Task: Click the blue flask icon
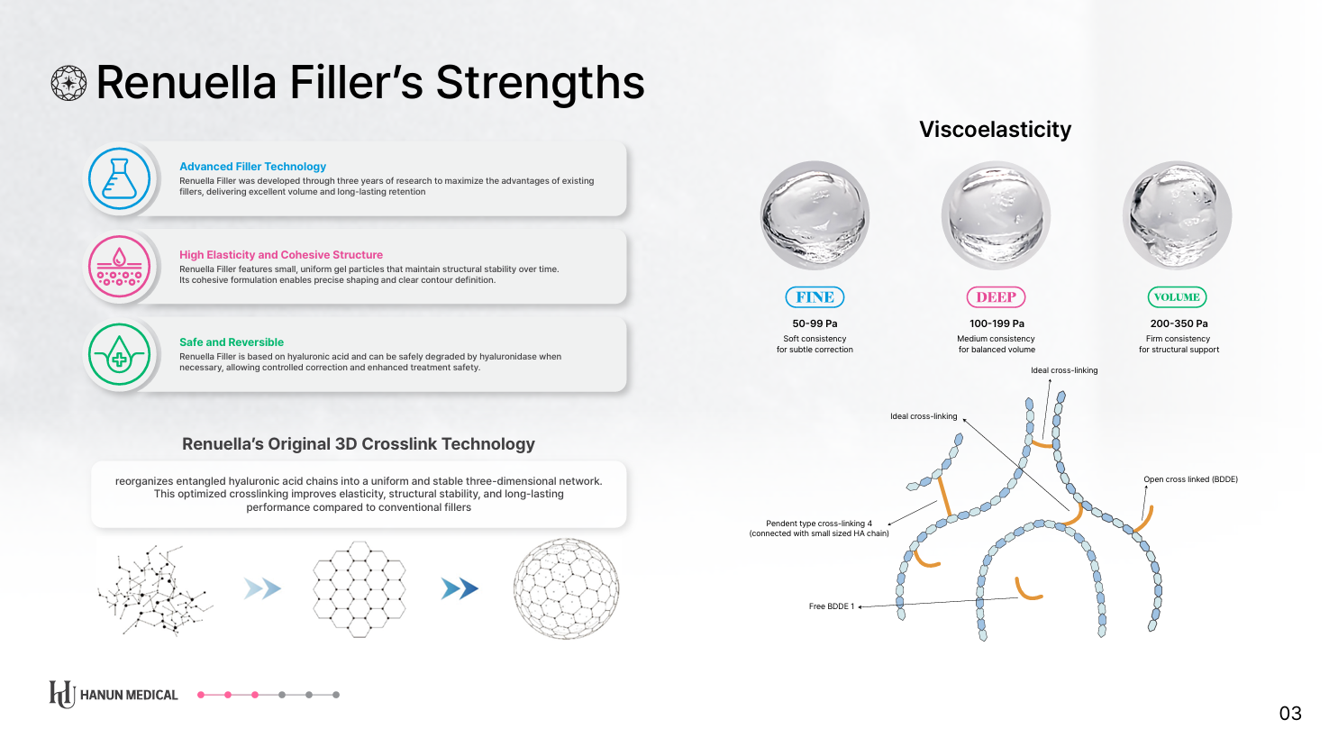[x=119, y=178]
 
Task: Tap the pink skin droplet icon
[x=119, y=267]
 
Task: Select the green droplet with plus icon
[x=119, y=354]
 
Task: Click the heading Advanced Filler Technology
[x=253, y=167]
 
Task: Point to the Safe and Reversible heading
[x=232, y=342]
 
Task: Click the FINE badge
[x=815, y=297]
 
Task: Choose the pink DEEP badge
[x=997, y=297]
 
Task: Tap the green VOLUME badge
[x=1177, y=297]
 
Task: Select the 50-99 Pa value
[x=815, y=324]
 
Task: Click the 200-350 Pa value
[x=1179, y=324]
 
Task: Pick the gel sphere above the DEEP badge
[x=997, y=215]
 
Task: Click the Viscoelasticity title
[x=996, y=130]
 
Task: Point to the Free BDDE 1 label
[x=832, y=606]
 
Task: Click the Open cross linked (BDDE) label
[x=1191, y=479]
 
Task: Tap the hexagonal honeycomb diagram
[x=360, y=589]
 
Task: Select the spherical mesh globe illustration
[x=566, y=588]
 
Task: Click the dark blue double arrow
[x=460, y=588]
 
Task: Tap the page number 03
[x=1290, y=713]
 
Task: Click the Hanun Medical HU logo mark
[x=62, y=694]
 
